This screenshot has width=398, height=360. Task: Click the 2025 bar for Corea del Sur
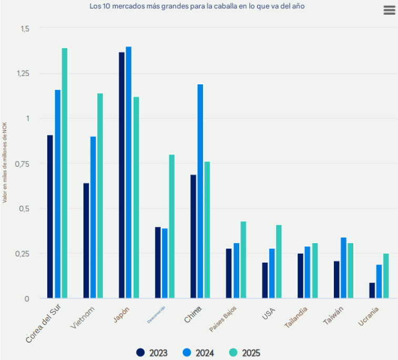[65, 173]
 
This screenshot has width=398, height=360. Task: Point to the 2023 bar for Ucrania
[372, 291]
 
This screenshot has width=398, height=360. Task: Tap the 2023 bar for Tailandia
[300, 276]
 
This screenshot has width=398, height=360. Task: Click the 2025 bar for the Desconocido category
[171, 226]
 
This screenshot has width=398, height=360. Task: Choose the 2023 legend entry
[151, 353]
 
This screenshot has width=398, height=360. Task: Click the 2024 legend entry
[198, 353]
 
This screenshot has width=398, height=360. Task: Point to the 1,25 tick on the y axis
[24, 73]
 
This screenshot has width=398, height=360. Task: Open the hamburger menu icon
[389, 10]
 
